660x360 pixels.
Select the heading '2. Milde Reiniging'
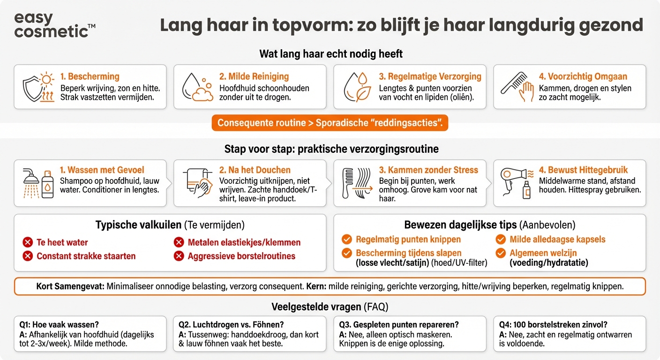click(x=254, y=76)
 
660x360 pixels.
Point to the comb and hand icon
click(x=517, y=87)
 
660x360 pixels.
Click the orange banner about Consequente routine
click(x=330, y=123)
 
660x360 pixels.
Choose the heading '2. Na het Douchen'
click(x=255, y=170)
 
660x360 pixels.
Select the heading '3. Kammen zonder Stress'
click(x=428, y=170)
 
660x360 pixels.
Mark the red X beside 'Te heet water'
click(x=28, y=242)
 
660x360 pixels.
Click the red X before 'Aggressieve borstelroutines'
click(x=179, y=256)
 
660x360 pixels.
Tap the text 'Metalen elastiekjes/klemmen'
click(x=244, y=242)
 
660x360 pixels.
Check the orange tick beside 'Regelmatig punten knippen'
click(x=347, y=240)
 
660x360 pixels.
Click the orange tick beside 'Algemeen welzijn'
click(x=501, y=253)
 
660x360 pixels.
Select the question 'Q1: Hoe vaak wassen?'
click(x=59, y=324)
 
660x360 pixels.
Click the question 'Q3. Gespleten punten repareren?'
click(x=399, y=324)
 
